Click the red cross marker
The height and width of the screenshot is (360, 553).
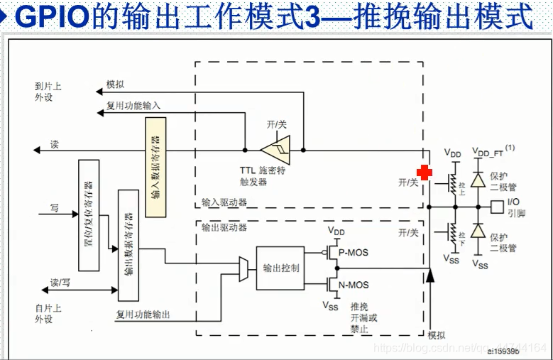coord(424,173)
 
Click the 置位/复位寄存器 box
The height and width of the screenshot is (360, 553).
coord(88,215)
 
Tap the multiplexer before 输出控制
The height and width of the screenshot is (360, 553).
coord(243,268)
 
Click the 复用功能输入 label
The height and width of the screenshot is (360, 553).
coord(133,106)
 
